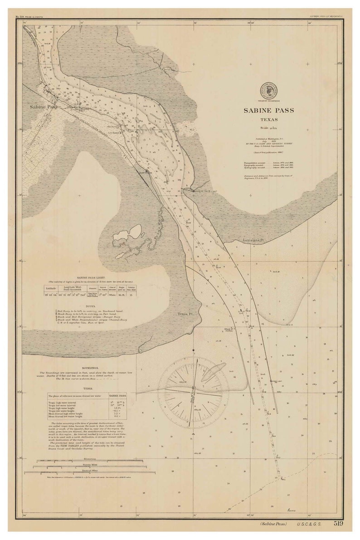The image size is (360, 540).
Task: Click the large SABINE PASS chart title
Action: pyautogui.click(x=268, y=110)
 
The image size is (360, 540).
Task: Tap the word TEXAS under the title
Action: pyautogui.click(x=269, y=120)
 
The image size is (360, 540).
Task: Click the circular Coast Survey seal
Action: pyautogui.click(x=268, y=90)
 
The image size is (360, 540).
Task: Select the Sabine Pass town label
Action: pyautogui.click(x=44, y=107)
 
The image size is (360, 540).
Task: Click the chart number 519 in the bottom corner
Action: pyautogui.click(x=338, y=524)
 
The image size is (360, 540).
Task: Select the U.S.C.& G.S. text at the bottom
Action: pyautogui.click(x=309, y=524)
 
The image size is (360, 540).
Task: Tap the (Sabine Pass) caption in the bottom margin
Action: pyautogui.click(x=273, y=524)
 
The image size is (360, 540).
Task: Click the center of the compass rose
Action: pyautogui.click(x=194, y=393)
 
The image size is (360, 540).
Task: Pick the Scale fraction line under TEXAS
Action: pyautogui.click(x=268, y=129)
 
